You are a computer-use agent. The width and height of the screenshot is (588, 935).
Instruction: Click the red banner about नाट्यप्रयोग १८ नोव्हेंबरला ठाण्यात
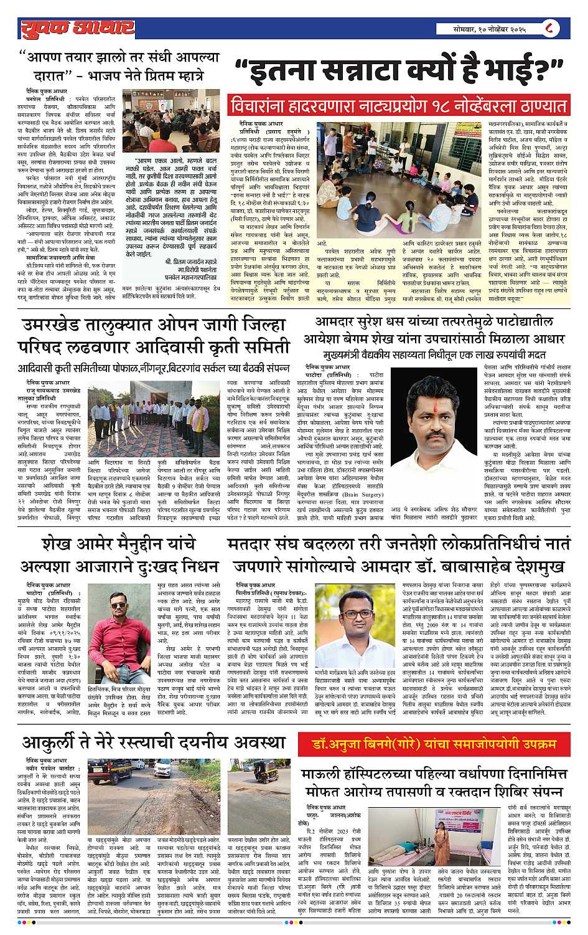(x=399, y=105)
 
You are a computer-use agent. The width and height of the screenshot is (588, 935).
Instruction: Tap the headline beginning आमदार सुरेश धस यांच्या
(x=434, y=323)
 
